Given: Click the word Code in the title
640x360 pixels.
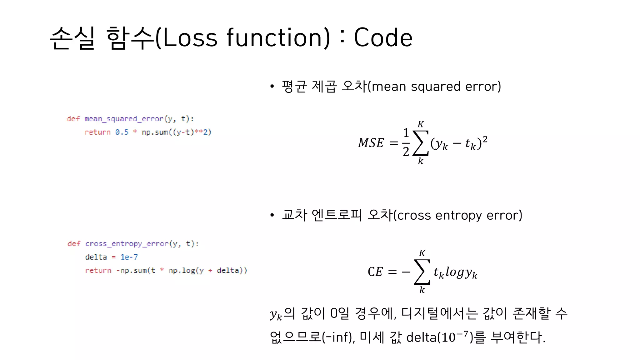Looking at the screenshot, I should coord(383,37).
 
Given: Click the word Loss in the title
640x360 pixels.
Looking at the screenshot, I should coord(190,37).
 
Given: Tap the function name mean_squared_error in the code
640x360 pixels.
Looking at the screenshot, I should coord(124,119).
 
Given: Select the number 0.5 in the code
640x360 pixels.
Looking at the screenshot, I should coord(122,132).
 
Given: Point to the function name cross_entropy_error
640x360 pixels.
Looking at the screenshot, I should coord(127,244).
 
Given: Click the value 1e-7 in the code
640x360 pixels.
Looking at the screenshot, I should coord(129,257).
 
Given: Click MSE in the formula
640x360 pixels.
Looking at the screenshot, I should coord(371,143).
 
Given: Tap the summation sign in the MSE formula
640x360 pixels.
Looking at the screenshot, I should coord(421,143).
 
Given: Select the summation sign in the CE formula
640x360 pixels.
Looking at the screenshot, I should coord(422,272).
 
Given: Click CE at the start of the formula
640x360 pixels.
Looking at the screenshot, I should coord(375,272).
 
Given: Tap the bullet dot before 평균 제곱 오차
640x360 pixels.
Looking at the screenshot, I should coord(272,87).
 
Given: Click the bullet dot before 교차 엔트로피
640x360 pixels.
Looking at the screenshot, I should coord(272,215).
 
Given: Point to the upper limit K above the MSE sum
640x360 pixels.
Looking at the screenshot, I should coord(421,124).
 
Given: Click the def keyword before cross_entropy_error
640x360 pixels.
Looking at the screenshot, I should coord(74,244).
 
